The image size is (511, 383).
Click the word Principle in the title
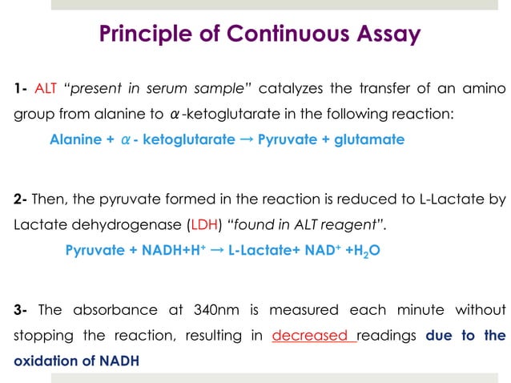pyautogui.click(x=140, y=34)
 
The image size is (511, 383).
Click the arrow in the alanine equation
pyautogui.click(x=247, y=139)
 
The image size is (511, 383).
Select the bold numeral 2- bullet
pyautogui.click(x=21, y=199)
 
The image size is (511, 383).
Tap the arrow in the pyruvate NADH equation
pyautogui.click(x=216, y=251)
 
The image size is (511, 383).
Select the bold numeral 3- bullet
pyautogui.click(x=21, y=309)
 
